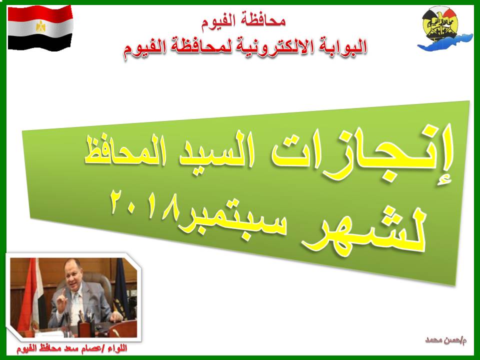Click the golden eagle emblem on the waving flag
coord(40,26)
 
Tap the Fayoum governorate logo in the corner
coord(445,28)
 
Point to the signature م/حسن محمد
coord(445,340)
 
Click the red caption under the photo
coord(72,348)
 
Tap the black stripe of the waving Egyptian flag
coord(40,42)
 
